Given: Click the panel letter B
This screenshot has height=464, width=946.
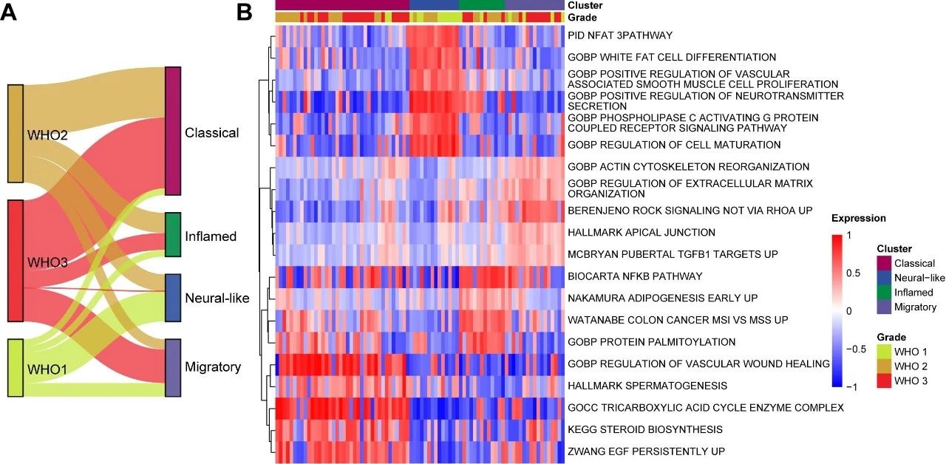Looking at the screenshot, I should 245,13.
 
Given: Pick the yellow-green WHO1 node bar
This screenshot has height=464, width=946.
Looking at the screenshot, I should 16,367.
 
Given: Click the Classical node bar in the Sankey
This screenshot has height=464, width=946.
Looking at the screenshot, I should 173,131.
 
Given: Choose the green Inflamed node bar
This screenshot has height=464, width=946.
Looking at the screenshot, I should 173,235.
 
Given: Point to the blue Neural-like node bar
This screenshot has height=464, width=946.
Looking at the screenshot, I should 173,298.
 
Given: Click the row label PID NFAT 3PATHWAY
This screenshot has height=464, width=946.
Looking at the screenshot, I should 619,35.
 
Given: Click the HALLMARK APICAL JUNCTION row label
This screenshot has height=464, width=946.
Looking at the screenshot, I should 641,233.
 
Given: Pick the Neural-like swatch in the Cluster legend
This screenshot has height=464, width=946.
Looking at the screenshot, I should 883,278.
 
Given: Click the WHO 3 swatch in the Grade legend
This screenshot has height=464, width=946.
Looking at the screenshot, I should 883,380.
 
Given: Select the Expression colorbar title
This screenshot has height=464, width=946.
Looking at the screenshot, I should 858,219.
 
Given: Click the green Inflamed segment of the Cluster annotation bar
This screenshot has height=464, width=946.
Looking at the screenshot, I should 481,5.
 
